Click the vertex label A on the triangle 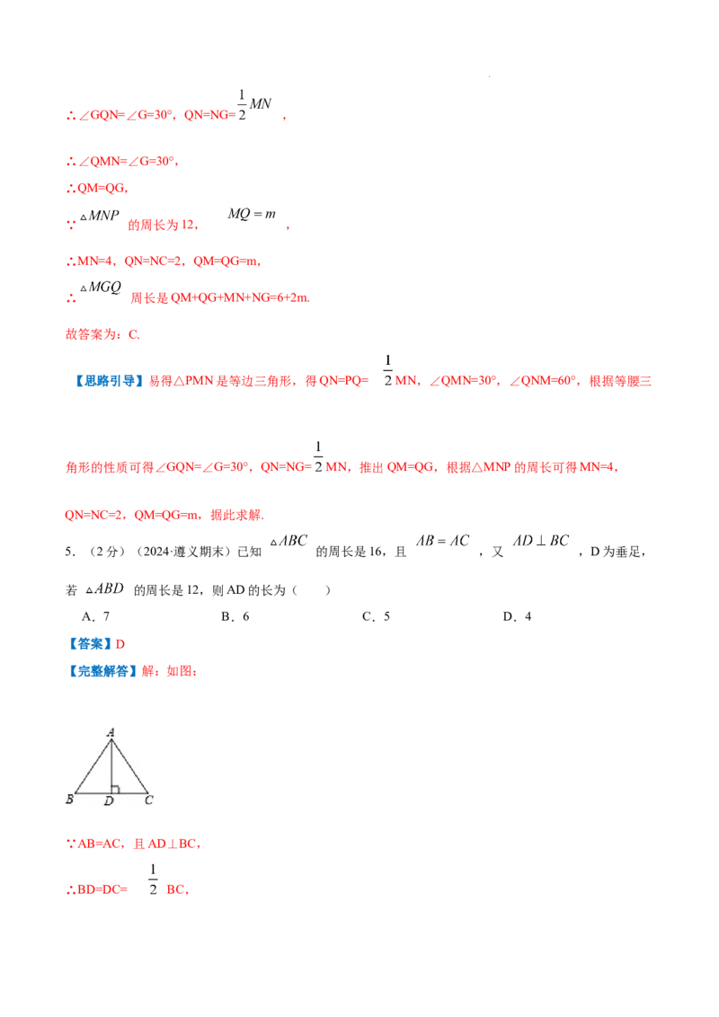111,733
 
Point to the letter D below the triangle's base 109,800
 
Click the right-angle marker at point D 115,790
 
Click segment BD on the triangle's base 93,794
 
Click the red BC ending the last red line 180,891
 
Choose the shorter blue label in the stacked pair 91,643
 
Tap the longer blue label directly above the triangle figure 102,671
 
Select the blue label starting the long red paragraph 108,381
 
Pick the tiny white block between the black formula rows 259,579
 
